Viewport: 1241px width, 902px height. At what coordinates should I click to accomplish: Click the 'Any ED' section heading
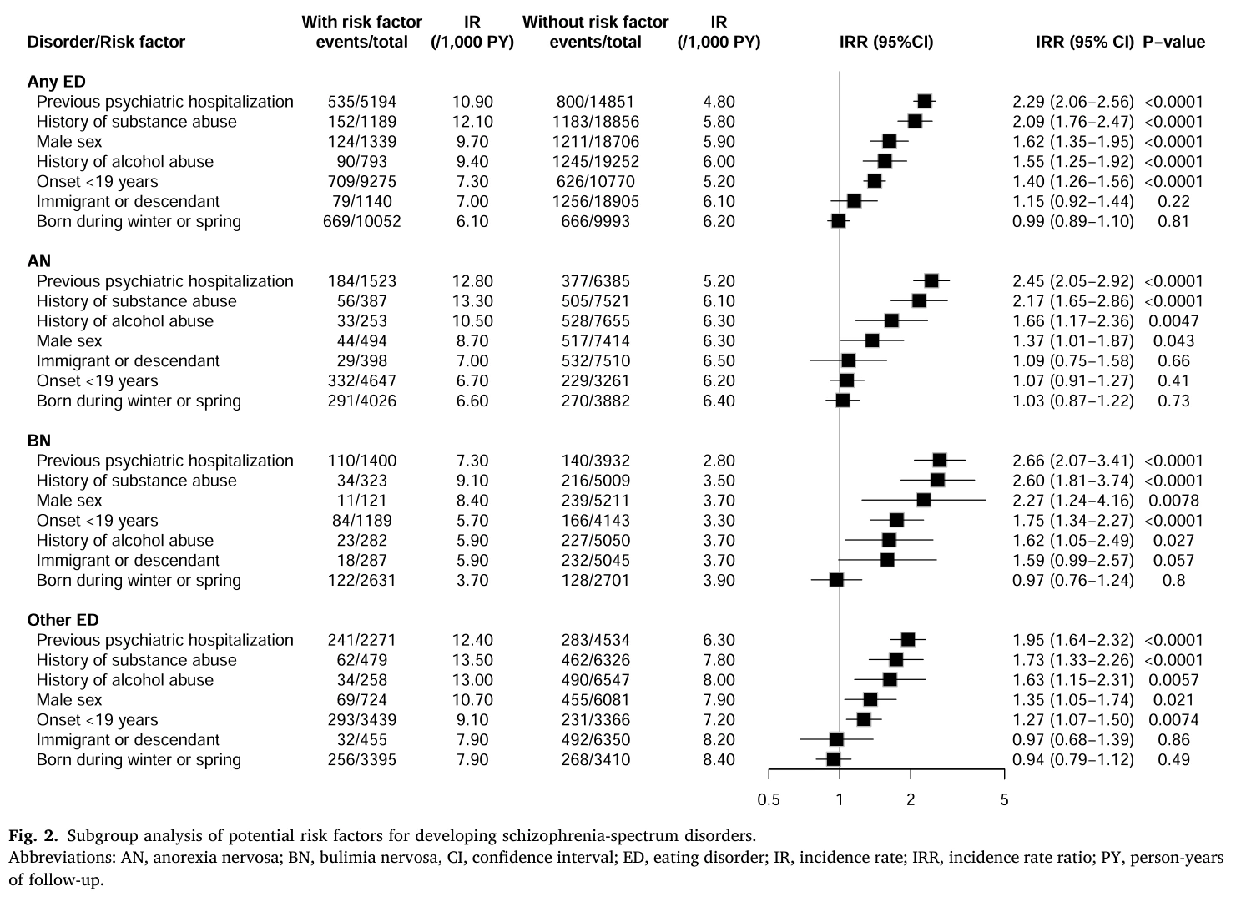point(57,82)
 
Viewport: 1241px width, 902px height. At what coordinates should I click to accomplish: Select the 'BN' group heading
point(38,441)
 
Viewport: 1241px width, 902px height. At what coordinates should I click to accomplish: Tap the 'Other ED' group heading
point(63,620)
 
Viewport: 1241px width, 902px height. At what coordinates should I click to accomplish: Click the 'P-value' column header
point(1174,42)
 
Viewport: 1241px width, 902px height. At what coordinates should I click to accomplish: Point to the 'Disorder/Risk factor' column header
point(106,42)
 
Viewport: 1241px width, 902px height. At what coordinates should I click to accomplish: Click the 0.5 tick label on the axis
point(769,800)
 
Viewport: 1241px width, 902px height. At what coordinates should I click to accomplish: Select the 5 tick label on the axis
point(1005,800)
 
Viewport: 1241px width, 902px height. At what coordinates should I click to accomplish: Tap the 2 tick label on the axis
point(911,800)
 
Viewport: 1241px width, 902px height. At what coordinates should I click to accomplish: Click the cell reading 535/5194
point(361,102)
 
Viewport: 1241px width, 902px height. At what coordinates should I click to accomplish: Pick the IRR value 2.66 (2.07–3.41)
point(1073,461)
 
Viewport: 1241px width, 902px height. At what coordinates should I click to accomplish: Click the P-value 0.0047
point(1173,321)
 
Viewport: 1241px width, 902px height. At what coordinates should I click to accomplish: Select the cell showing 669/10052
point(361,222)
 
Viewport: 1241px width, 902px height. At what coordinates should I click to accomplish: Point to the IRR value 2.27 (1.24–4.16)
point(1073,501)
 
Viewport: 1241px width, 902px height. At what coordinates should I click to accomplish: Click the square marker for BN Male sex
point(924,501)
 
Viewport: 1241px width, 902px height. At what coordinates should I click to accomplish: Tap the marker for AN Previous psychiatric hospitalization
point(931,281)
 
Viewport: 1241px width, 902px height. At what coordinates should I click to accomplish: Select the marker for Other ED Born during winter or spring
point(833,759)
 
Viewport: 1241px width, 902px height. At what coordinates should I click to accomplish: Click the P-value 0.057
point(1173,561)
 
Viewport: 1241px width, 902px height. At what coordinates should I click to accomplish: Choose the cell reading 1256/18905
point(596,202)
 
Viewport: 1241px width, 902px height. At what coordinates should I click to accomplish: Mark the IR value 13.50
point(472,660)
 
